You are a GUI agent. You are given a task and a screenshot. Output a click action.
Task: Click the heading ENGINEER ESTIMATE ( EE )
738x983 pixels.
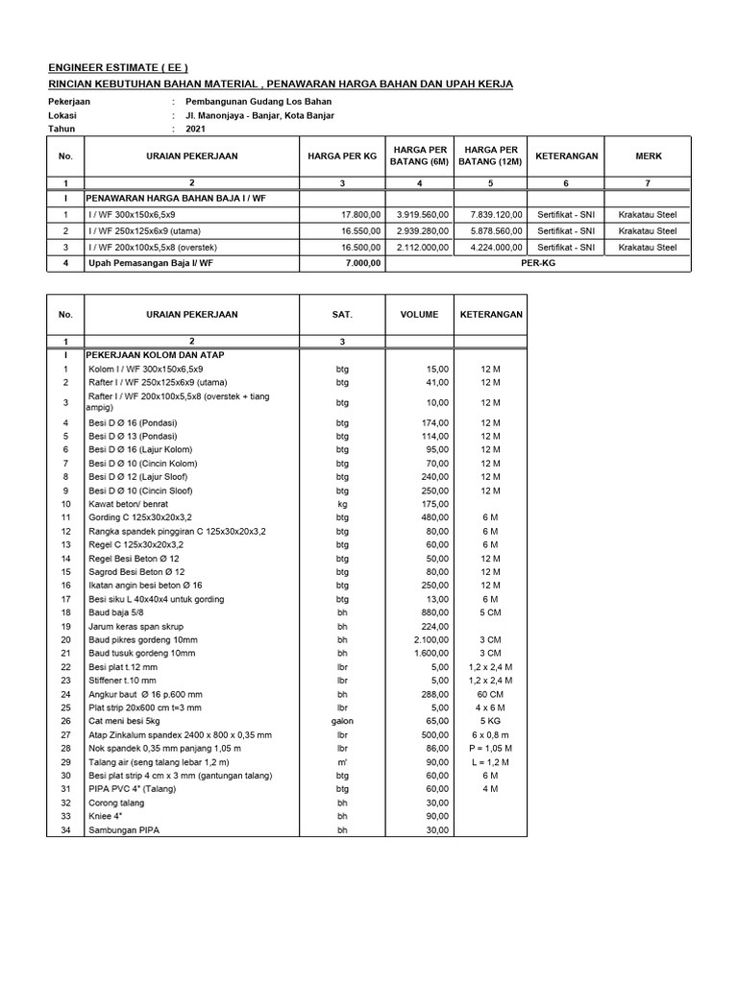coord(118,67)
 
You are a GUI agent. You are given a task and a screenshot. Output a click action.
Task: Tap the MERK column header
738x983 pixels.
coord(648,156)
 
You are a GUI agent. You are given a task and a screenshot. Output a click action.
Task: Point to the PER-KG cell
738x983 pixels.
coord(537,262)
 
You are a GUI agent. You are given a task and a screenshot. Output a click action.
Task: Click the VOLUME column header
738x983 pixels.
coord(419,314)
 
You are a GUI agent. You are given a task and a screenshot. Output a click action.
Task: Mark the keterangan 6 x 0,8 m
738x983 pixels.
coord(490,734)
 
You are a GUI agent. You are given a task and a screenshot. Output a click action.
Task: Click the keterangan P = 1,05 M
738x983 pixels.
coord(490,748)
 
